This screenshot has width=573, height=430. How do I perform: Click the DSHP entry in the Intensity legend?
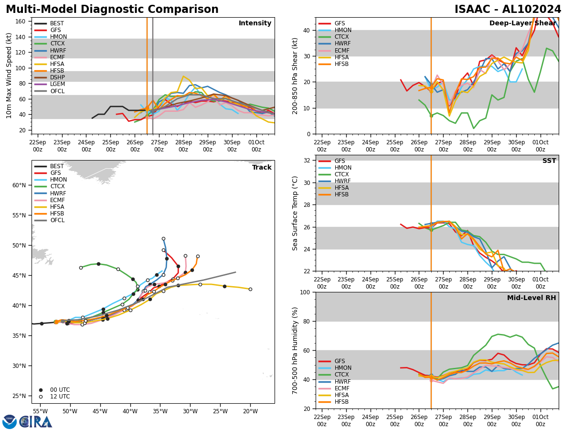57,77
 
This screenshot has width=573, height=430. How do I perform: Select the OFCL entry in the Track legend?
57,220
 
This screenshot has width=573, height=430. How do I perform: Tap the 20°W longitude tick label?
250,411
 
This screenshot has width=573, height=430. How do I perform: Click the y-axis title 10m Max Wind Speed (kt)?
9,75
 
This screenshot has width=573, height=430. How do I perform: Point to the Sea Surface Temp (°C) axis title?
296,213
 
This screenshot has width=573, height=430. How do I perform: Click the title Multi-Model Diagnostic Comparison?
112,10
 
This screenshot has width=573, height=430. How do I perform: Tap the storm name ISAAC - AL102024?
508,10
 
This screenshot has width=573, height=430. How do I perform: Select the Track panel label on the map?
262,167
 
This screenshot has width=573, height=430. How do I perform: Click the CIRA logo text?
36,421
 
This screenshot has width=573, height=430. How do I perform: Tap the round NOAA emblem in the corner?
10,421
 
